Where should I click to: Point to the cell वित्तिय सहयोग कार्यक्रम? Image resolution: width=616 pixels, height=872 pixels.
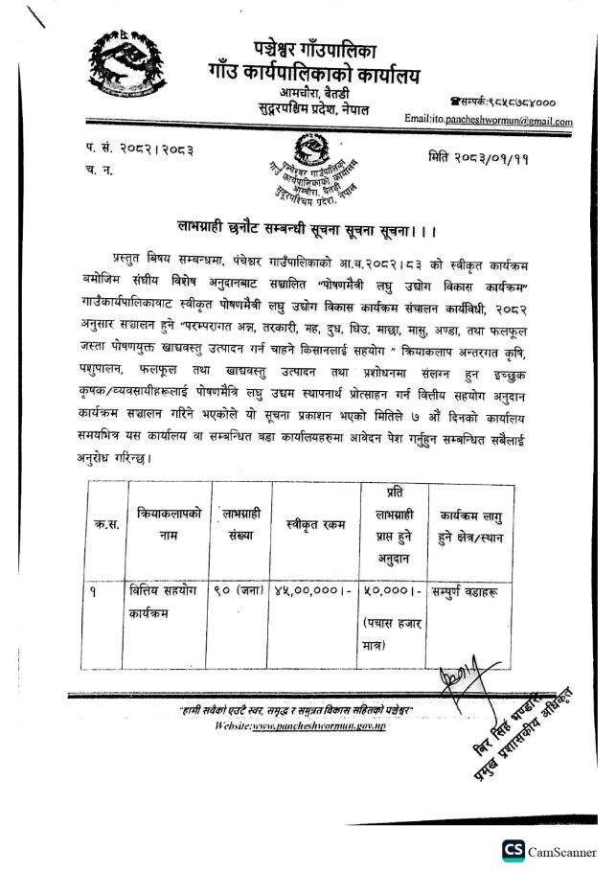coord(164,601)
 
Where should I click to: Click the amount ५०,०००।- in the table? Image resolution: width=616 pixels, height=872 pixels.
coord(390,591)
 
